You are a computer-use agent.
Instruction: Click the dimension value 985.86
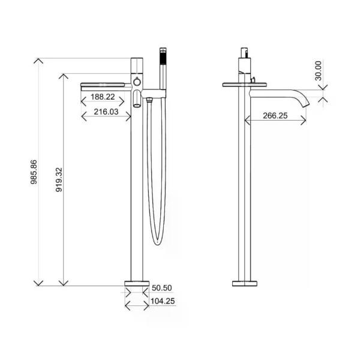[x=34, y=172]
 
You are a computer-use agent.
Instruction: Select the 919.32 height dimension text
[x=58, y=178]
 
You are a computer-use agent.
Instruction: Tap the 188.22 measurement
[x=103, y=97]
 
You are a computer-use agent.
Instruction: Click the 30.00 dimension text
[x=319, y=70]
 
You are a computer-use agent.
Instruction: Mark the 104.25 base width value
[x=163, y=302]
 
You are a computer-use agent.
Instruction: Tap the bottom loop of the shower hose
[x=156, y=241]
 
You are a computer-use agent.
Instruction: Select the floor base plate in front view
[x=137, y=283]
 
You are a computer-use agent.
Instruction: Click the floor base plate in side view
[x=244, y=283]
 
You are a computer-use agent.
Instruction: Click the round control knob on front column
[x=137, y=81]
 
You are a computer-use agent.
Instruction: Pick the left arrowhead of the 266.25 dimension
[x=246, y=121]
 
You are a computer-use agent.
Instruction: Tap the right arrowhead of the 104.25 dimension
[x=148, y=306]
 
